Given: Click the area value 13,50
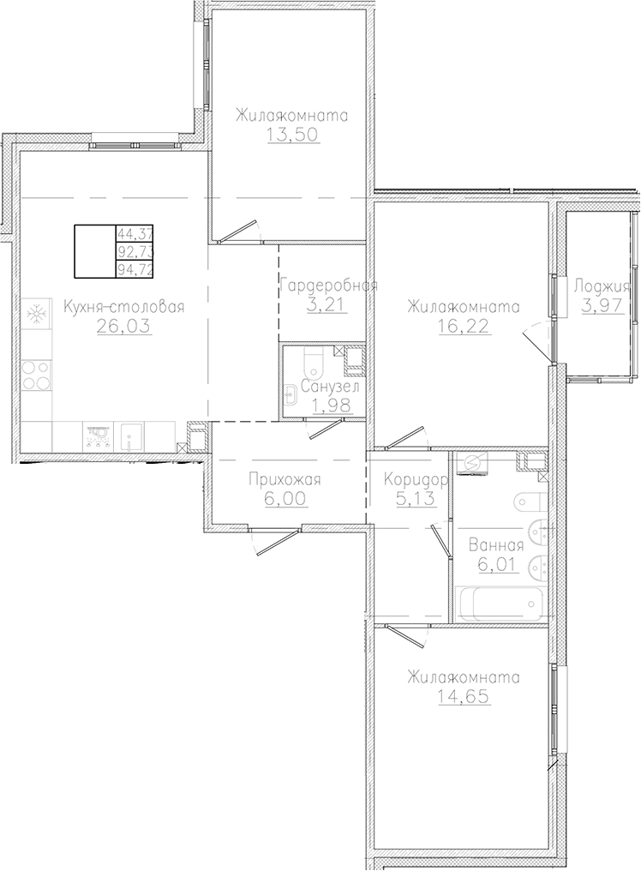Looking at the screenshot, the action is click(x=294, y=135).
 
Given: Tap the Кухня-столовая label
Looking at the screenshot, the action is click(x=123, y=307).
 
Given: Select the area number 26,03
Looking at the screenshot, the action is click(x=124, y=326).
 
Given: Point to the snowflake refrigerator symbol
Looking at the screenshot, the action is click(x=37, y=315).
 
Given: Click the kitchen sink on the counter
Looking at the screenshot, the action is click(x=129, y=436).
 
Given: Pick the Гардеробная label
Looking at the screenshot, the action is click(x=329, y=286).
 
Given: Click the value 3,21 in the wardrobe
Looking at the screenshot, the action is click(x=327, y=305).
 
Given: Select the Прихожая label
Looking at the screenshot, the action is click(x=285, y=480).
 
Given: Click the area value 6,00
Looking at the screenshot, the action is click(x=285, y=499).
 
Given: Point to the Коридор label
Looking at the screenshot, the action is click(x=416, y=480).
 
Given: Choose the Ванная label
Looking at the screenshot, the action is click(x=496, y=545).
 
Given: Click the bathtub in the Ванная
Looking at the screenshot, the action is click(x=498, y=604).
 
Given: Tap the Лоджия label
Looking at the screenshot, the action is click(x=602, y=286).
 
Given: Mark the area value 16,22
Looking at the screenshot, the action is click(x=464, y=326).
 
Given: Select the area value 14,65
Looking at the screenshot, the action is click(x=464, y=697).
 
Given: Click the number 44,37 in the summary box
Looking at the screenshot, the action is click(x=134, y=232).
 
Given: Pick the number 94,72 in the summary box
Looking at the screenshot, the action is click(x=134, y=270).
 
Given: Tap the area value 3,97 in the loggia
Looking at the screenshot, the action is click(x=602, y=305).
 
